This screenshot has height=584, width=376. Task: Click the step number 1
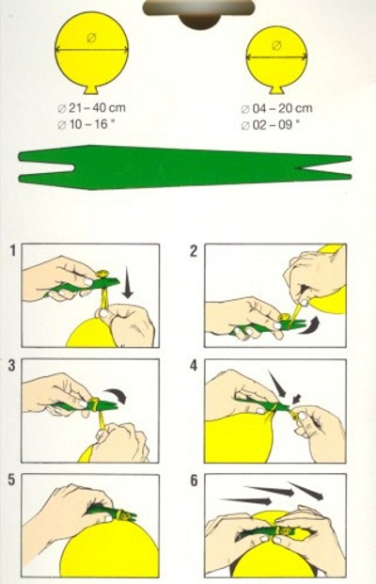(x=13, y=251)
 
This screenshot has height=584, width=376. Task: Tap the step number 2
(x=194, y=251)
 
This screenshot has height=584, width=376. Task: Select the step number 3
(x=12, y=366)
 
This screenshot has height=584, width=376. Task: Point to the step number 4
(x=194, y=366)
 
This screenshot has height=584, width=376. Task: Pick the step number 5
(x=12, y=481)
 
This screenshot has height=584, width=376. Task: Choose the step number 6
(x=194, y=481)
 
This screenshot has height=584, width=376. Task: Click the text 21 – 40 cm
(x=97, y=108)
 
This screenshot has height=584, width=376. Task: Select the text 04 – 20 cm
(x=282, y=109)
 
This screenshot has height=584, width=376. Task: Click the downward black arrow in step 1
(x=128, y=282)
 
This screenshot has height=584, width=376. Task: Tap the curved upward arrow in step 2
(x=310, y=324)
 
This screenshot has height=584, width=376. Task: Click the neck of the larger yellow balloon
(x=91, y=89)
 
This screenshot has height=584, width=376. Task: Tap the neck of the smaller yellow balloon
(x=276, y=90)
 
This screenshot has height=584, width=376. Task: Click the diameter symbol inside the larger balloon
(x=91, y=38)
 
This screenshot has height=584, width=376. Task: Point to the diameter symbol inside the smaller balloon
(x=276, y=45)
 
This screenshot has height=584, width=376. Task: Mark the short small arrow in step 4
(x=297, y=399)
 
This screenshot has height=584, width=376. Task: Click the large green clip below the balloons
(x=185, y=167)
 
